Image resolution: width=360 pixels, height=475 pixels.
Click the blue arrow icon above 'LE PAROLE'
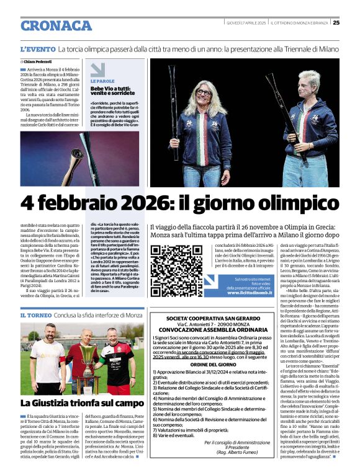click(97, 69)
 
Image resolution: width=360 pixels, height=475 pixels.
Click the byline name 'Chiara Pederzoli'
click(40, 62)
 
